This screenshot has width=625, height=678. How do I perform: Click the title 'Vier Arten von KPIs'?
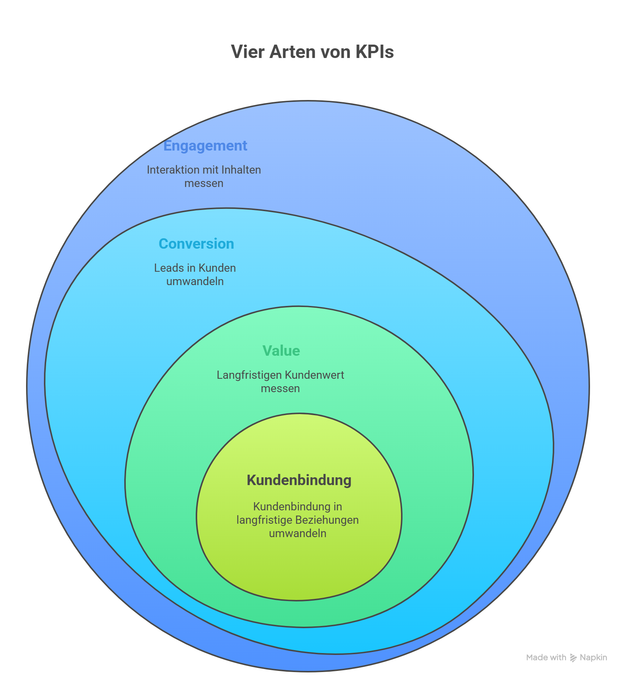click(312, 52)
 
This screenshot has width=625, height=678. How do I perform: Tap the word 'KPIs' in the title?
click(374, 52)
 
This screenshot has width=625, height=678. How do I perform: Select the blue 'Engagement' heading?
click(205, 146)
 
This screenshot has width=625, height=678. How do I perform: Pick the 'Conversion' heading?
click(196, 244)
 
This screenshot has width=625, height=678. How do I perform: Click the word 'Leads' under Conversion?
click(167, 268)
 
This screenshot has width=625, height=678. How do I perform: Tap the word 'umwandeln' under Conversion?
click(195, 281)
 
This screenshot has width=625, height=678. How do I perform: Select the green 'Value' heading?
click(281, 351)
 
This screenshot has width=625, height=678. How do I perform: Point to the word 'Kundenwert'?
click(314, 375)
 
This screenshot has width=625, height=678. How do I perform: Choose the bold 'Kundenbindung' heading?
click(299, 480)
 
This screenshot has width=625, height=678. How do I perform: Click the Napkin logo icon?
click(573, 658)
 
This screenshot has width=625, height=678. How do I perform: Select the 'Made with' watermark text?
click(546, 658)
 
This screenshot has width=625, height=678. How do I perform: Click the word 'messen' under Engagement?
click(203, 183)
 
